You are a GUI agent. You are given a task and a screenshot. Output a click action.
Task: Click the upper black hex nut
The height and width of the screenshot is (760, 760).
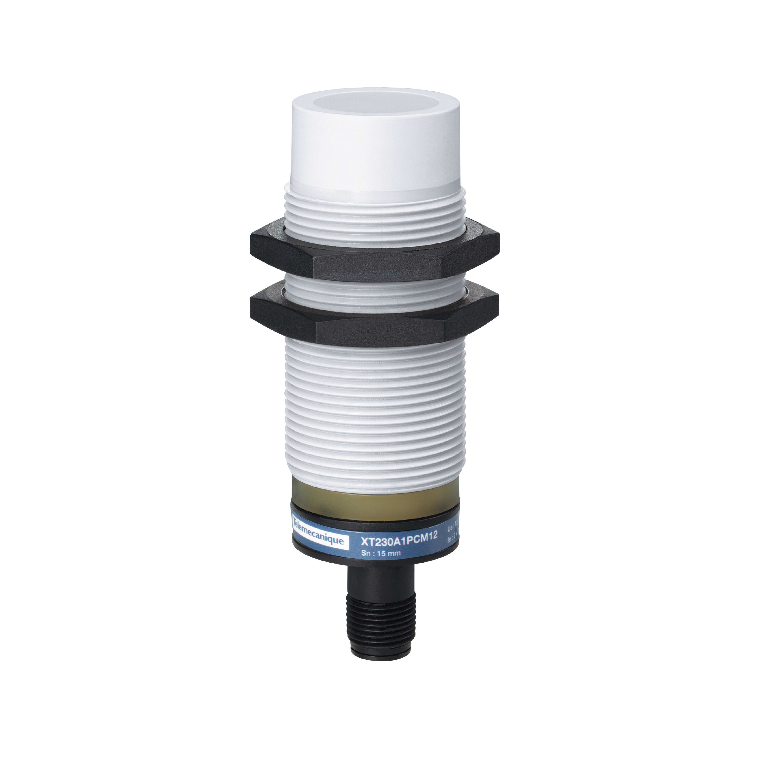[374, 256]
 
